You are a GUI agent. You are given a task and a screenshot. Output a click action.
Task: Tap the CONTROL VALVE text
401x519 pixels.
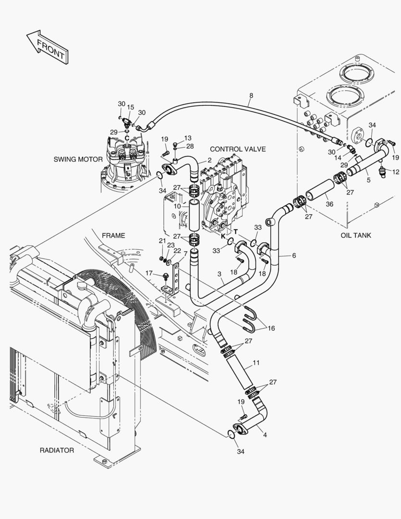tap(238, 149)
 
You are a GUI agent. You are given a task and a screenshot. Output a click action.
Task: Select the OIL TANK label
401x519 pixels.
tap(356, 235)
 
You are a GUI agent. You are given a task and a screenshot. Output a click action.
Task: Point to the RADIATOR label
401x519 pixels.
tap(57, 450)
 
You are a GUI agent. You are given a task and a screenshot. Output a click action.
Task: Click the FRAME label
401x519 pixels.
tap(113, 235)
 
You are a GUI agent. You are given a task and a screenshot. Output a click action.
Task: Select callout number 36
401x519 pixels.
tap(329, 204)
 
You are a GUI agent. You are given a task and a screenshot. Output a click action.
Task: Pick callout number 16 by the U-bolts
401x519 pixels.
tap(271, 328)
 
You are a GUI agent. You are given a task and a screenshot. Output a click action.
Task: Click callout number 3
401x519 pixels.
tap(219, 274)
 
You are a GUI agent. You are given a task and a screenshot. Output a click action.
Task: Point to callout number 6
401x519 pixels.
tap(293, 256)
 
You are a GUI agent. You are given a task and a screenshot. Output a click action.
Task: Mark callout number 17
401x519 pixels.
tap(149, 273)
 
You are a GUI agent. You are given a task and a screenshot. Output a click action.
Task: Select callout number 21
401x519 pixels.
tap(162, 241)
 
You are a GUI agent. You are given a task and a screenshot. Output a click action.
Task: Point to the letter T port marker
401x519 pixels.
tap(236, 232)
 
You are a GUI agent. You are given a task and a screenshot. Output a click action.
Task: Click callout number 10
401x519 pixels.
tap(177, 206)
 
